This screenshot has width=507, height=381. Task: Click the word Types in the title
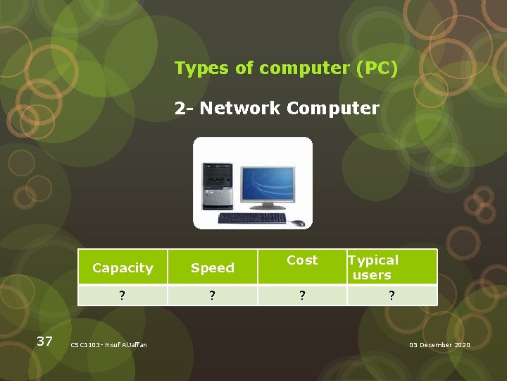tap(196, 68)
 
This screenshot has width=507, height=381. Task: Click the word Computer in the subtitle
tap(333, 109)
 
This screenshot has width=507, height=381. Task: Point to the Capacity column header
tap(123, 268)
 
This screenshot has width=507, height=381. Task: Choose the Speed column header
tap(212, 268)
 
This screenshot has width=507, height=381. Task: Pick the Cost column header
tap(302, 260)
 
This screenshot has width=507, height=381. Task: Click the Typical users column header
tap(373, 267)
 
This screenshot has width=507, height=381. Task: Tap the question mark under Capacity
tap(123, 296)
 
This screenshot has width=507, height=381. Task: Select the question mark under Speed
tap(212, 296)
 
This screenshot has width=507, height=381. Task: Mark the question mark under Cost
tap(302, 296)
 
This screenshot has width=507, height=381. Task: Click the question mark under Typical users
tap(392, 296)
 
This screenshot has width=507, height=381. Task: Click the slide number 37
tap(44, 341)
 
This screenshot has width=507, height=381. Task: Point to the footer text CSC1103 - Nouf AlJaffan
tap(109, 344)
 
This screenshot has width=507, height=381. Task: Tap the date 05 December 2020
tap(439, 344)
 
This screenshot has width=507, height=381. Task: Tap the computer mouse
tap(299, 223)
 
